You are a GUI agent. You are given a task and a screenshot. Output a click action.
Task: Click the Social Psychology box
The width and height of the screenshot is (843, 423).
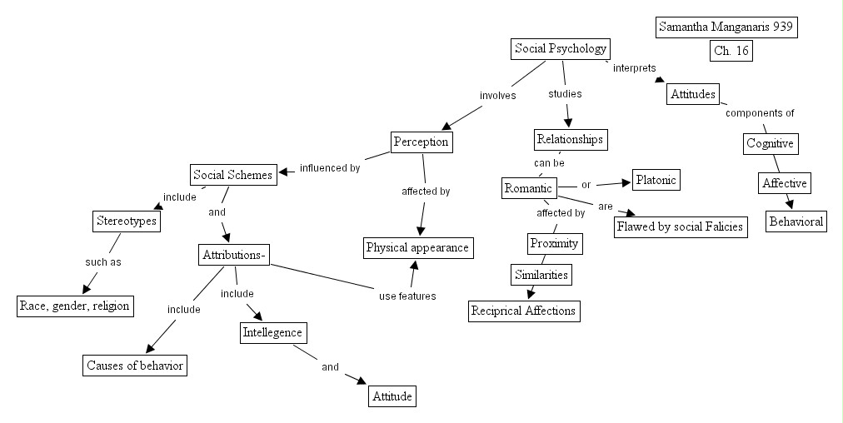(x=561, y=49)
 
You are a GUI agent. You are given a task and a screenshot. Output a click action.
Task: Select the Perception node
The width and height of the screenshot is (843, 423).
(x=421, y=142)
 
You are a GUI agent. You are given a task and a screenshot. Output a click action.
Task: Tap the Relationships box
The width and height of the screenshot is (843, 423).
(x=570, y=139)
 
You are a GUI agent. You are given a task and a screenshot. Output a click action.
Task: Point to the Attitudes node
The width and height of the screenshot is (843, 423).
(x=692, y=94)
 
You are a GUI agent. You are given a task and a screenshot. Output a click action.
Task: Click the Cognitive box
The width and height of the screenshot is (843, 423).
(x=771, y=143)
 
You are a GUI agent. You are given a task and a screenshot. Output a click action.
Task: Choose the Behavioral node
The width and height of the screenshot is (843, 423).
(x=796, y=221)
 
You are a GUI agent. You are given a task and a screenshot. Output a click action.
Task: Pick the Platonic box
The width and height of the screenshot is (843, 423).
(x=656, y=179)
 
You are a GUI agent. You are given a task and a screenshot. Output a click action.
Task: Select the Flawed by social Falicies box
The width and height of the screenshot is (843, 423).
(x=680, y=226)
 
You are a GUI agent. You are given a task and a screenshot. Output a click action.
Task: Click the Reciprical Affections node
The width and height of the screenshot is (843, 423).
(x=523, y=311)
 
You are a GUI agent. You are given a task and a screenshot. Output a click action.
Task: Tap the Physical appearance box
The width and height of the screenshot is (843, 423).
(x=418, y=247)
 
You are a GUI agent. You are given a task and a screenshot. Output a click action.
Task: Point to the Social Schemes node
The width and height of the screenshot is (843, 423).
(x=232, y=175)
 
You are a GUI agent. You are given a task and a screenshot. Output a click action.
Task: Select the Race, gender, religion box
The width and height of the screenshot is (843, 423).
(x=75, y=306)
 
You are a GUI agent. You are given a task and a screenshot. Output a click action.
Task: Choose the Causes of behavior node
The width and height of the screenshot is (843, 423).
(x=135, y=366)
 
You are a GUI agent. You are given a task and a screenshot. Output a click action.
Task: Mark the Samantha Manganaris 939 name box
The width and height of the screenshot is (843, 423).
(x=726, y=27)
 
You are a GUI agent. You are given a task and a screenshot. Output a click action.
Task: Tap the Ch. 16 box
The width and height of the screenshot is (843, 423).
(x=731, y=51)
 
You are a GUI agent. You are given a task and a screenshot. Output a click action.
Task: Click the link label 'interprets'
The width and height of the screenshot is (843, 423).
(x=634, y=68)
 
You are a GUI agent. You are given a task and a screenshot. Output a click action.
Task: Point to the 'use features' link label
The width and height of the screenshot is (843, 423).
(x=407, y=296)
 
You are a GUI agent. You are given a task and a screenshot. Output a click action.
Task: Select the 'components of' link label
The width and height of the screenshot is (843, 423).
(x=759, y=113)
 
